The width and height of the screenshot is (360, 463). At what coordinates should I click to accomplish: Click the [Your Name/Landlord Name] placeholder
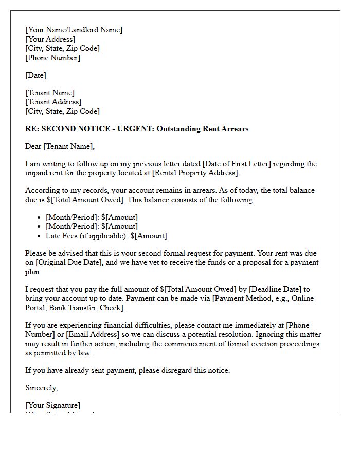tap(74, 30)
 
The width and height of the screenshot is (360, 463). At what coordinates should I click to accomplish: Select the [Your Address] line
tap(50, 39)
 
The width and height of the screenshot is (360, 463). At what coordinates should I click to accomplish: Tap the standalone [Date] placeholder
tap(35, 75)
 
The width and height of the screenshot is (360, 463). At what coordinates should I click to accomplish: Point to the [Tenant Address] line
tap(53, 102)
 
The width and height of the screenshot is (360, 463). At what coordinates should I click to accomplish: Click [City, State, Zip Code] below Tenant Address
tap(62, 111)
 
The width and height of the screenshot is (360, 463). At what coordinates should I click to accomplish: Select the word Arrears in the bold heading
tap(232, 129)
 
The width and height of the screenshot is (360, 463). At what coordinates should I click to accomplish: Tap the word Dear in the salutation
tap(33, 146)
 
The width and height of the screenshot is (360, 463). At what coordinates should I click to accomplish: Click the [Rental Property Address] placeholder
tap(196, 173)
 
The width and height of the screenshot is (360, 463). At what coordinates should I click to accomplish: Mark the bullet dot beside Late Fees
tap(40, 236)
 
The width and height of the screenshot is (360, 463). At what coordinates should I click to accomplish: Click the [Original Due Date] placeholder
tap(71, 262)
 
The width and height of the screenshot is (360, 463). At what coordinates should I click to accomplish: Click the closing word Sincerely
tap(41, 388)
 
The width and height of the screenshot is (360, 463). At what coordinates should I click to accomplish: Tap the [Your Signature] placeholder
tap(52, 405)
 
